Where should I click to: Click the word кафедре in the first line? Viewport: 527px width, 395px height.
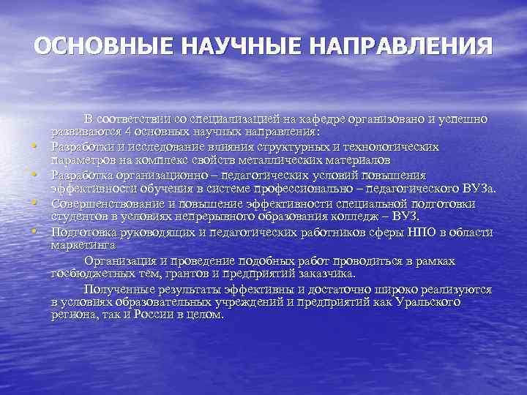[x=327, y=118]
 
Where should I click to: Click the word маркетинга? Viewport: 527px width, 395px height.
[x=81, y=246]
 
